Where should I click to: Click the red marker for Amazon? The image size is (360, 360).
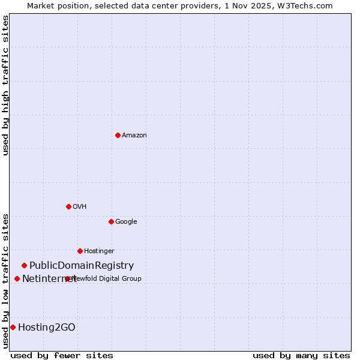click(x=118, y=135)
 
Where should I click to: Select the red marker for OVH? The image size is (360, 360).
click(x=68, y=206)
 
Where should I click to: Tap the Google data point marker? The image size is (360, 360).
click(x=111, y=221)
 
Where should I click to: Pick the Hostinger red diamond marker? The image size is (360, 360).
click(x=80, y=251)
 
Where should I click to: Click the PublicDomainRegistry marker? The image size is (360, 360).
click(x=24, y=265)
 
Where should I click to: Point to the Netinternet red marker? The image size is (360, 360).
click(x=17, y=278)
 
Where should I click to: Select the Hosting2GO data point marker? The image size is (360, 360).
click(x=13, y=327)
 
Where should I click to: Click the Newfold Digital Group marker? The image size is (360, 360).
click(x=67, y=278)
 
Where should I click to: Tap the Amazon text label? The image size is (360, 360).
click(x=134, y=135)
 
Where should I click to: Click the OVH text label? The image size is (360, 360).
click(x=80, y=206)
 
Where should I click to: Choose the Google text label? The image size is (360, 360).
click(x=126, y=221)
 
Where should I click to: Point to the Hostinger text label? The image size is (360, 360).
click(x=99, y=251)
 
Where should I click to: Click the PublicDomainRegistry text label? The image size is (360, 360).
click(x=82, y=265)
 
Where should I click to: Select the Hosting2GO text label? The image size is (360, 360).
click(x=47, y=327)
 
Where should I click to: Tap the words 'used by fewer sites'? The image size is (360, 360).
click(x=62, y=355)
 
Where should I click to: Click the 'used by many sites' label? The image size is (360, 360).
click(x=301, y=355)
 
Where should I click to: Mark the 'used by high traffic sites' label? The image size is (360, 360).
click(x=5, y=85)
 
